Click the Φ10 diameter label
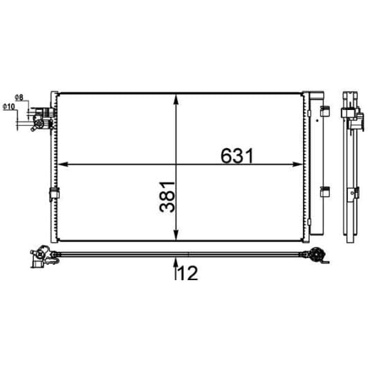(x=9, y=107)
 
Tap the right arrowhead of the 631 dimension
(x=299, y=164)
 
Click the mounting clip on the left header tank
(x=52, y=195)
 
